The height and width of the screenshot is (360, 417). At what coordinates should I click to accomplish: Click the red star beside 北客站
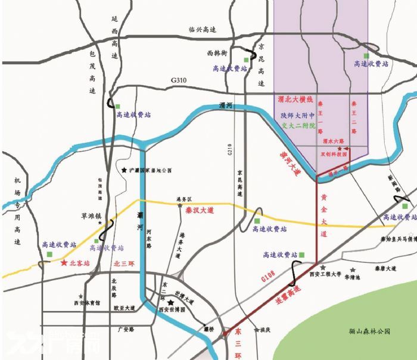point(64,262)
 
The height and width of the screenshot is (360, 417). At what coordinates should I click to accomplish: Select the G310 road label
point(179,80)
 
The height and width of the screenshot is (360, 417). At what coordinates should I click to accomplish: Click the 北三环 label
point(124,262)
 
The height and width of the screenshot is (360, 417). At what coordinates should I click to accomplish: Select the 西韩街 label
point(217,53)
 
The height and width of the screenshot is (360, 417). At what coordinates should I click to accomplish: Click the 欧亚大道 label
point(124,308)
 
